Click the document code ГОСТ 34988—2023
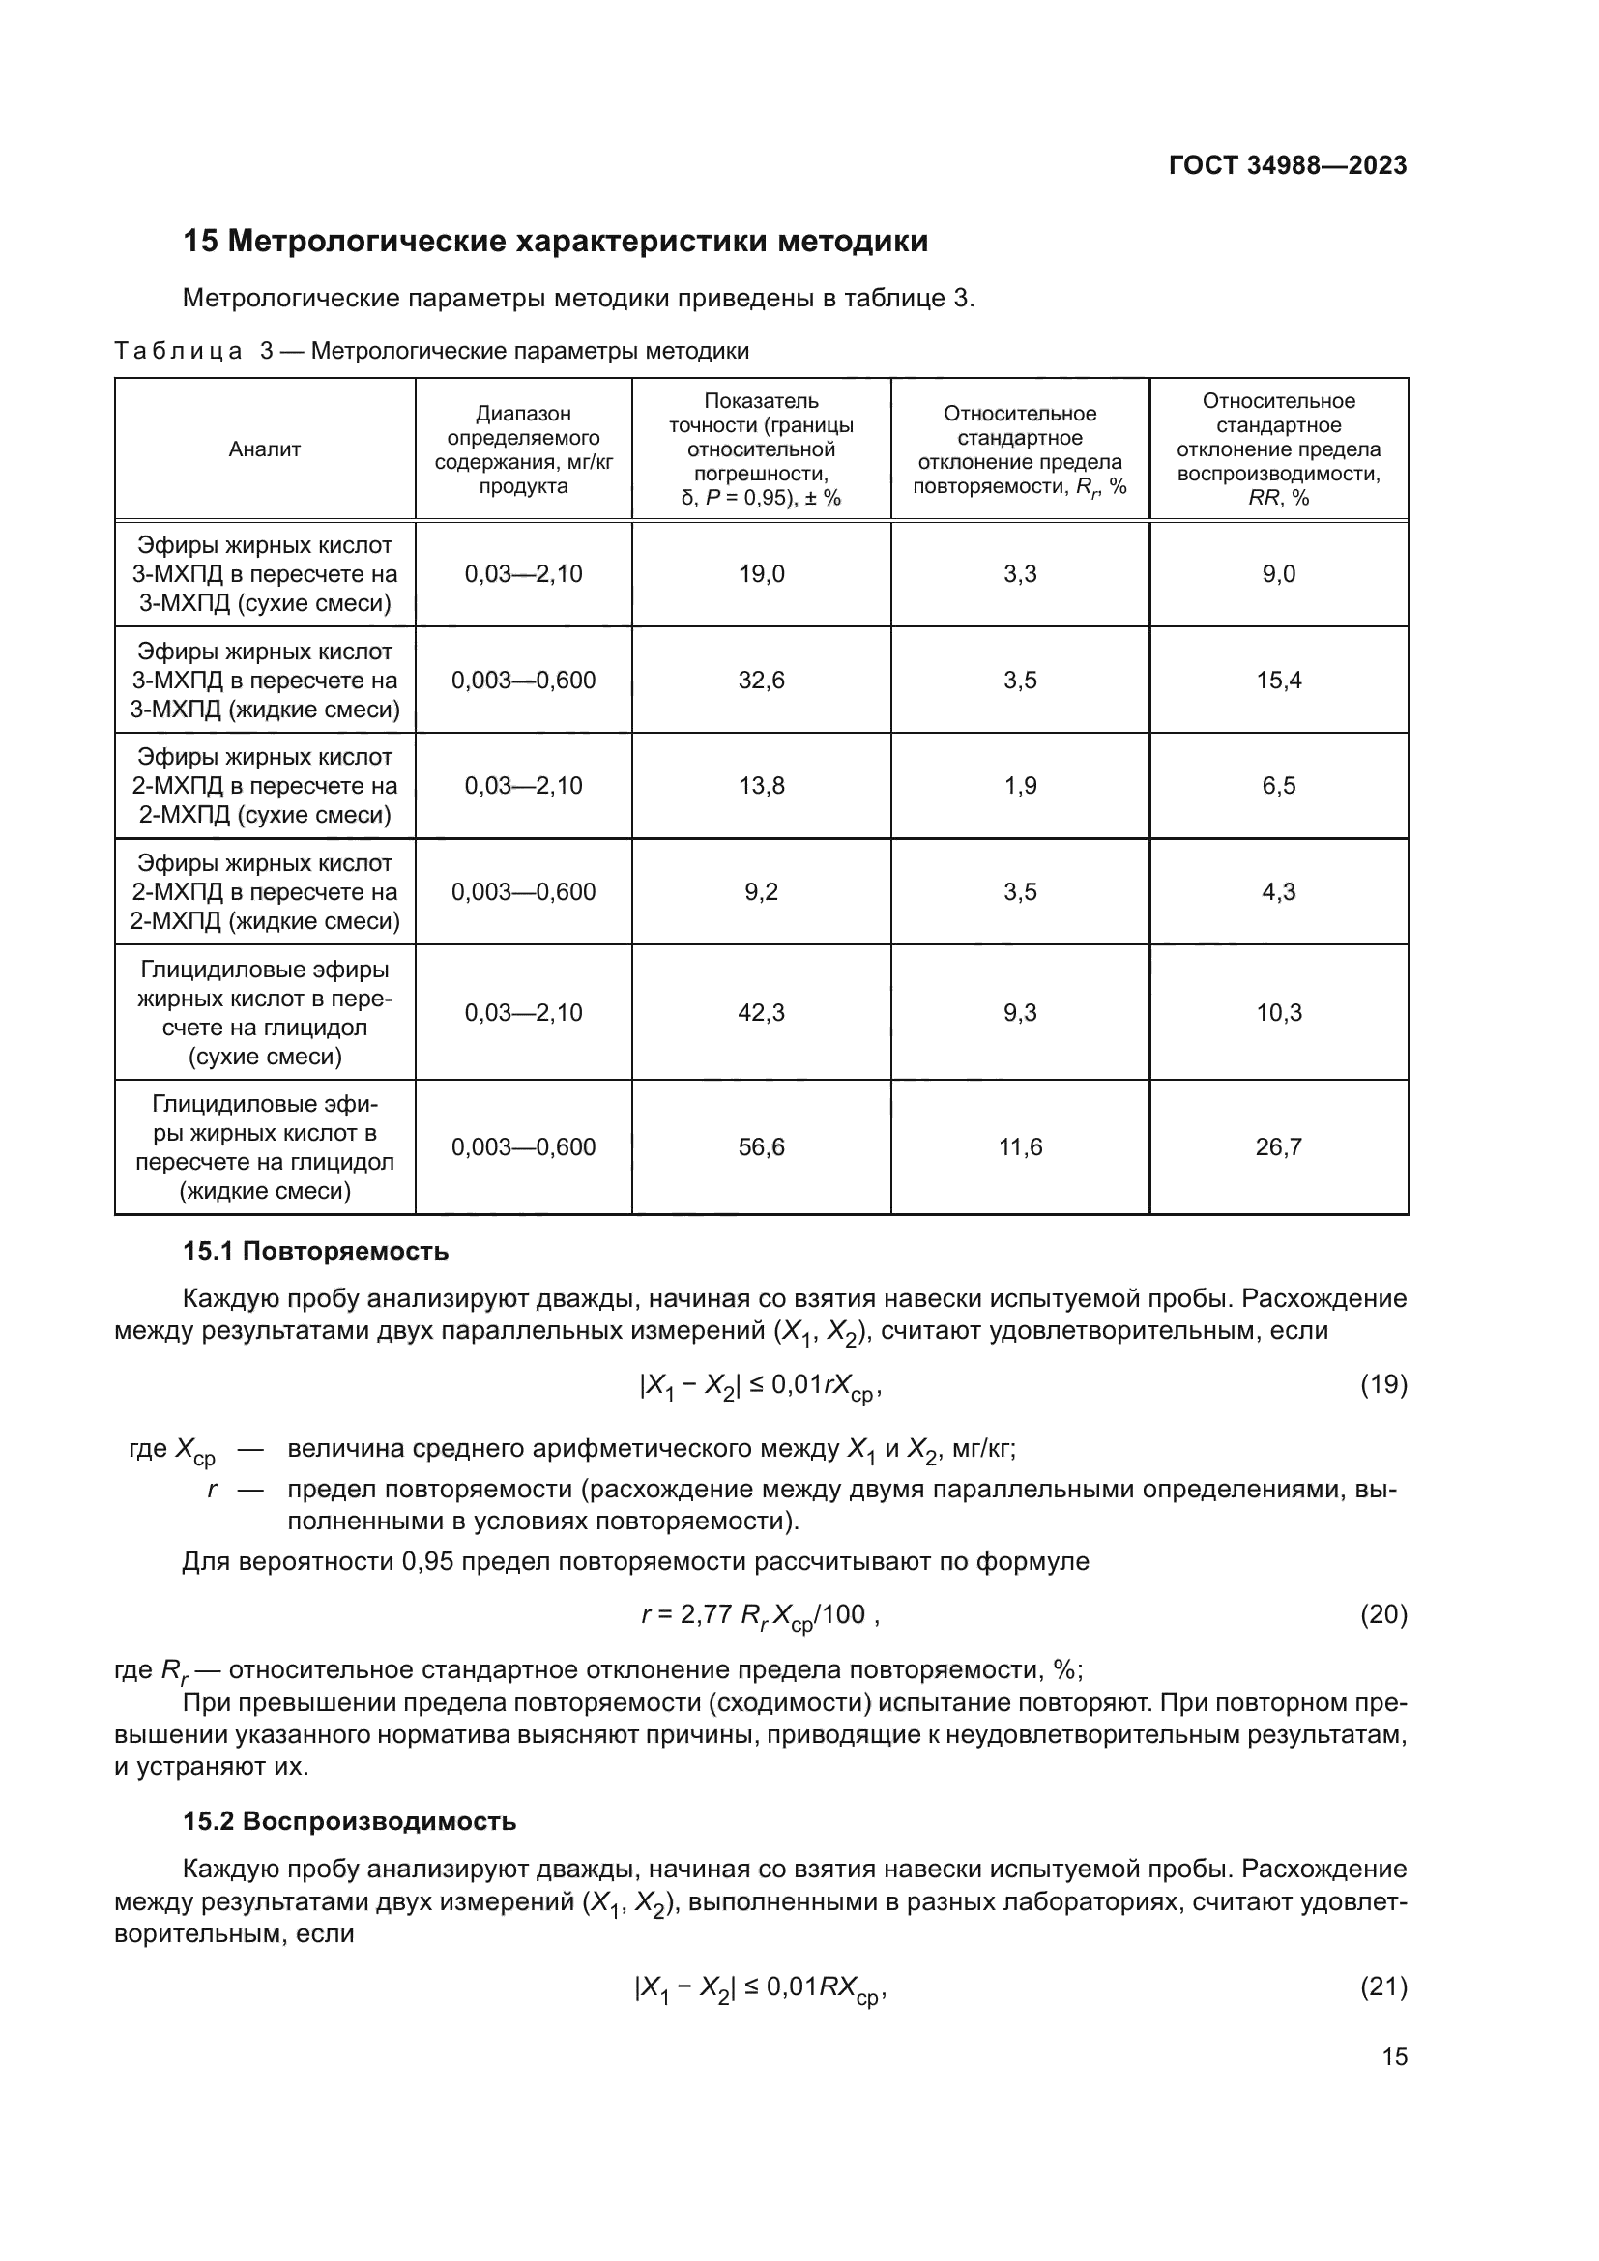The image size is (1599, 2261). click(1288, 165)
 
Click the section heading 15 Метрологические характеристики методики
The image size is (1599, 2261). click(555, 242)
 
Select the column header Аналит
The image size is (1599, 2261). click(265, 449)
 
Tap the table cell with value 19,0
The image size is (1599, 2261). click(761, 574)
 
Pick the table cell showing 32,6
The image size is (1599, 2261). click(761, 681)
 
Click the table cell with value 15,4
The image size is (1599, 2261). click(1278, 681)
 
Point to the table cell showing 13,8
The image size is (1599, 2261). click(761, 786)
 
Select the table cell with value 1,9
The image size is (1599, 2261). click(1020, 786)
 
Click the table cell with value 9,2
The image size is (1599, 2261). click(761, 892)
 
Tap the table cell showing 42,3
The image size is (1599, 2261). click(761, 1012)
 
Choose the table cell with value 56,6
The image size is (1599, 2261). click(761, 1147)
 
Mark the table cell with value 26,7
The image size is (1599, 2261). click(1278, 1147)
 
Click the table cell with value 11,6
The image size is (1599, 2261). click(1020, 1147)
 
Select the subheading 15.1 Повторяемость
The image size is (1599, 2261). click(315, 1252)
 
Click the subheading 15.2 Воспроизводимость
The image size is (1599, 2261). click(350, 1822)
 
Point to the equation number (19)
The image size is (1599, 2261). click(1383, 1384)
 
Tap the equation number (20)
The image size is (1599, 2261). click(1383, 1614)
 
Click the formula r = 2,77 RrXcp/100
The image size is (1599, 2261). click(753, 1615)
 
